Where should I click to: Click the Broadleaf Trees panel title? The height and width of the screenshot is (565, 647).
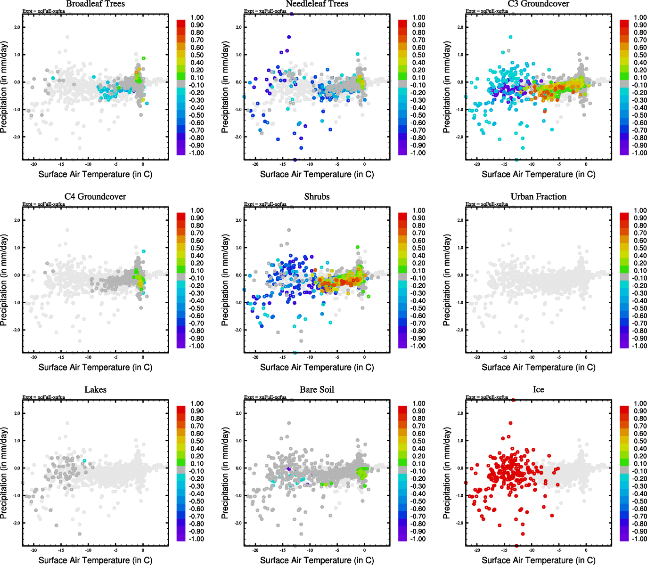(x=95, y=4)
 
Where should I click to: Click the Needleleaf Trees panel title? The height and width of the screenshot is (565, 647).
(x=317, y=4)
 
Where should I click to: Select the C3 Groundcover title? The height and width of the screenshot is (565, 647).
(x=538, y=4)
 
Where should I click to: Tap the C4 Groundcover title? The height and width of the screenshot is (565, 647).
(x=95, y=197)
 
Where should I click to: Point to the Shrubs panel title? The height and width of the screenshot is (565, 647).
(x=317, y=197)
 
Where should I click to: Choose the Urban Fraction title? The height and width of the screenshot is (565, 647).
(x=538, y=197)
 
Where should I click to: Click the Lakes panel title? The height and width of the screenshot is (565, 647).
(x=95, y=390)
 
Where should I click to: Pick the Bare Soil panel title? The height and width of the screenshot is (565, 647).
(x=317, y=390)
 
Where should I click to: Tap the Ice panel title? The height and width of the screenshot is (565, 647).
(x=538, y=390)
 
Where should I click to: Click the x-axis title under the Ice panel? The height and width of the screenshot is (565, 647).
(x=538, y=560)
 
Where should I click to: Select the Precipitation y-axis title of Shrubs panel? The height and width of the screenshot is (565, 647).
(x=225, y=281)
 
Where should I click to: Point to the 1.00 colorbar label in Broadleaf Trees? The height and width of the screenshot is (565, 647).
(x=197, y=17)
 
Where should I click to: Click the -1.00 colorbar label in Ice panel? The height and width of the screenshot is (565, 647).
(x=639, y=539)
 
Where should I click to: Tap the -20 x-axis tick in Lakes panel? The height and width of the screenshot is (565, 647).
(x=33, y=550)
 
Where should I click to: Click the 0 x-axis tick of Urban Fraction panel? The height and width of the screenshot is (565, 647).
(x=586, y=357)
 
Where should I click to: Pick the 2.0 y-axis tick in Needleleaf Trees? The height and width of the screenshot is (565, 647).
(x=238, y=27)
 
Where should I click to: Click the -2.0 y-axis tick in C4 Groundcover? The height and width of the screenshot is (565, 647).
(x=16, y=330)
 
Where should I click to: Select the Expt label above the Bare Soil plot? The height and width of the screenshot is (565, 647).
(x=265, y=397)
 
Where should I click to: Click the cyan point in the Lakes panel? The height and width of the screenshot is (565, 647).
(x=84, y=460)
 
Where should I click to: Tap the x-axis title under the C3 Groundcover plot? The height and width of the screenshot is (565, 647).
(x=538, y=174)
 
